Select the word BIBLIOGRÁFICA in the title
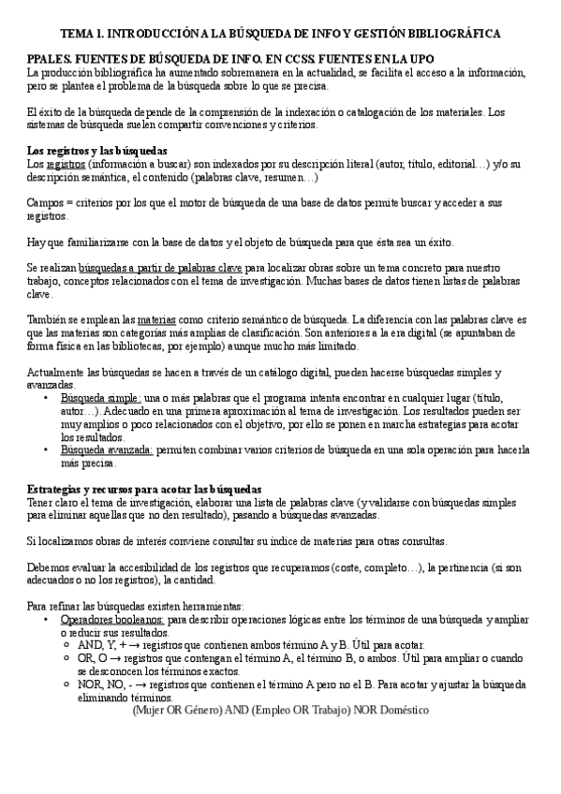452,34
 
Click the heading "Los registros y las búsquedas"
97,151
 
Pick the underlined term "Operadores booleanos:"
112,620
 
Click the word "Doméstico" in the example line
398,711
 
